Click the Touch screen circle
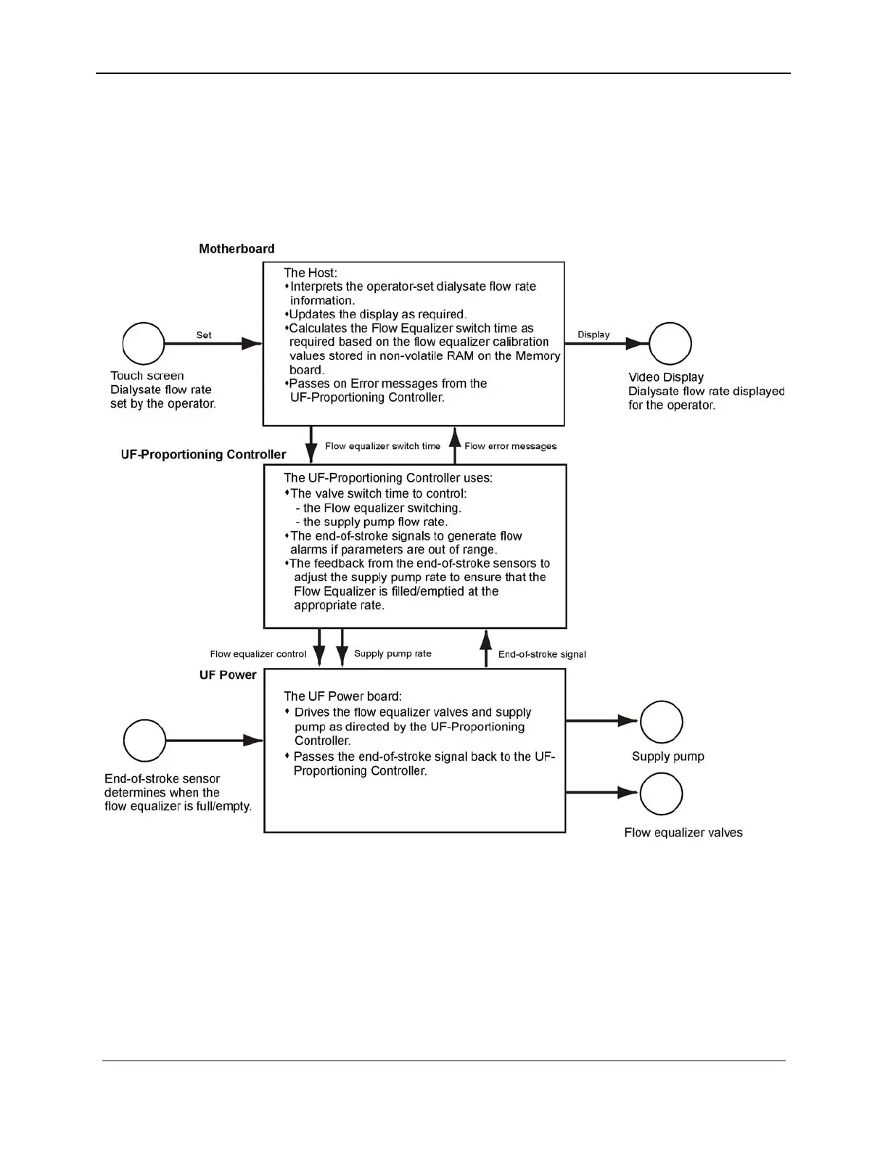(x=144, y=344)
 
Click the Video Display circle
(x=670, y=344)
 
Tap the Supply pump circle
(x=661, y=722)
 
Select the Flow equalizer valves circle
(x=661, y=794)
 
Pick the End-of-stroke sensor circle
(x=145, y=741)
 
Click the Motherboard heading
(x=237, y=249)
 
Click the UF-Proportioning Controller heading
(x=203, y=455)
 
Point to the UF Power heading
(x=228, y=675)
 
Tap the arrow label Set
(x=204, y=335)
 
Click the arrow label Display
(x=593, y=334)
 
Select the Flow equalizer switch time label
(x=382, y=446)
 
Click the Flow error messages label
(x=511, y=446)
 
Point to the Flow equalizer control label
(x=258, y=654)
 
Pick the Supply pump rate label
(x=392, y=654)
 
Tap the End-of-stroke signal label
(x=542, y=654)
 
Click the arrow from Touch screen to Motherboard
(x=213, y=344)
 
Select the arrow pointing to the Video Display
(x=607, y=344)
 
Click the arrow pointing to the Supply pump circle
(x=601, y=721)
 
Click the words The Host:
(x=311, y=273)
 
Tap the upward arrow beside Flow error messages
(x=455, y=445)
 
